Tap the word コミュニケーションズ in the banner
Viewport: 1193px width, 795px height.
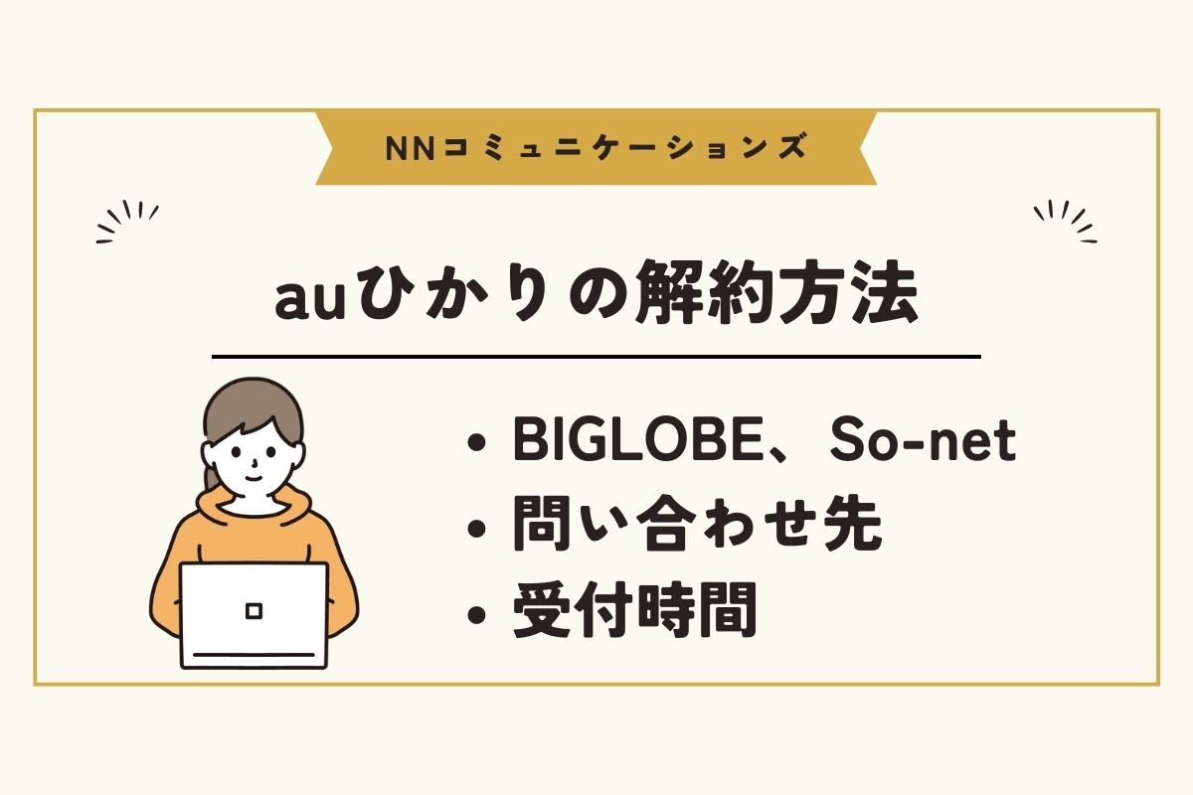point(624,147)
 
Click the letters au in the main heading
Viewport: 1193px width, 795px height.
point(309,301)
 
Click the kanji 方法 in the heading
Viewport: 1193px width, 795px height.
point(848,293)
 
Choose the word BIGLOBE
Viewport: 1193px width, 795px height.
point(638,439)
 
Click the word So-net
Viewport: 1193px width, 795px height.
point(923,440)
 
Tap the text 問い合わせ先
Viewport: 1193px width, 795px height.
point(698,524)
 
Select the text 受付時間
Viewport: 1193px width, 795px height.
point(635,609)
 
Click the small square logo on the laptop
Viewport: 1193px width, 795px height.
point(255,610)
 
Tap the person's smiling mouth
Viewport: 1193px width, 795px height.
point(254,476)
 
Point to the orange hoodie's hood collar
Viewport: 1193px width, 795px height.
point(254,506)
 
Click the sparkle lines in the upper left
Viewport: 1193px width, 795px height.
point(127,221)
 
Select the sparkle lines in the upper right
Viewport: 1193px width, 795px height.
point(1065,221)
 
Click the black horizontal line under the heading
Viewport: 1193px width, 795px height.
point(596,357)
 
